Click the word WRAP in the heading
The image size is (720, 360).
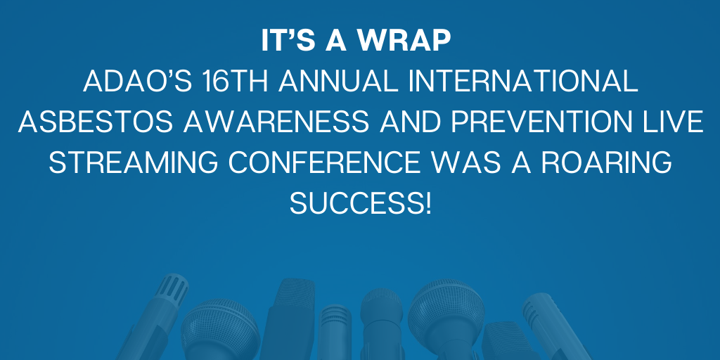click(404, 41)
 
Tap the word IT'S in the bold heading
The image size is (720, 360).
click(288, 41)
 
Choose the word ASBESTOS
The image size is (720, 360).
click(96, 122)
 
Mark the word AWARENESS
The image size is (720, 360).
click(276, 122)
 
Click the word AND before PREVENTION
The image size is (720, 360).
click(410, 122)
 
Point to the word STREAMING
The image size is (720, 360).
click(133, 162)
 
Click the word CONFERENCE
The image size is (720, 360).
click(324, 162)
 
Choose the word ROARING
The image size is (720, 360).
click(607, 162)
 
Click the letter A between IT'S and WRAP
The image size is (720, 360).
click(336, 41)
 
